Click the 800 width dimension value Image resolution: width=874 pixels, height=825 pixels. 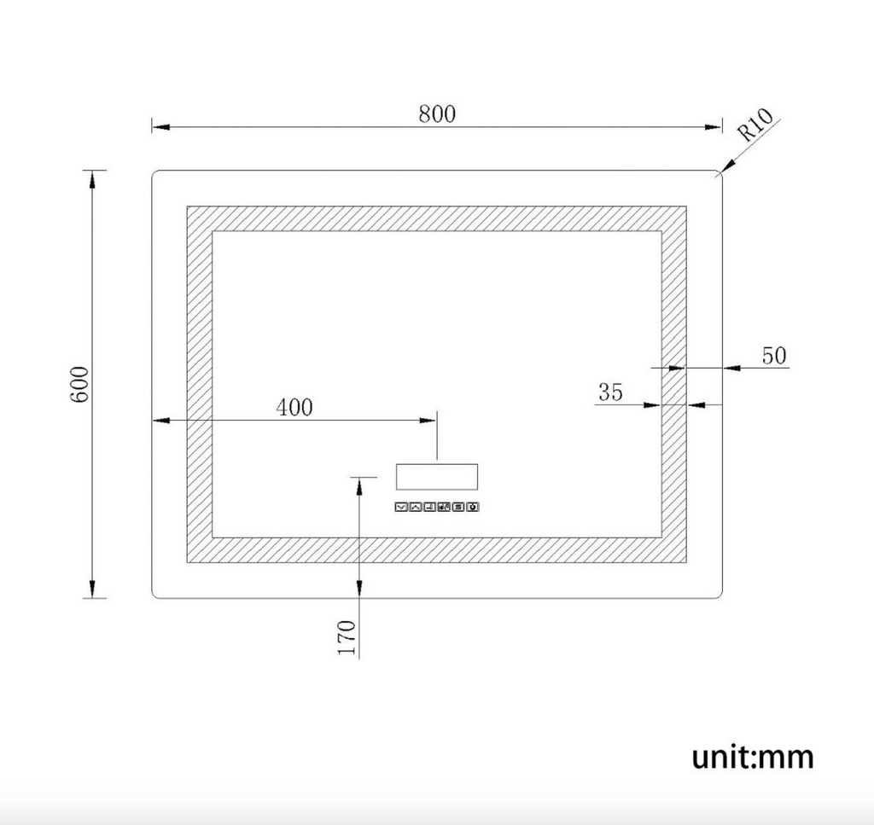point(437,114)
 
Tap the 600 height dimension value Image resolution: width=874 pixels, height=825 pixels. point(79,385)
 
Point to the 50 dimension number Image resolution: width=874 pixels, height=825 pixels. point(774,356)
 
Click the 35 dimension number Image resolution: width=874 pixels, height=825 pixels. point(610,392)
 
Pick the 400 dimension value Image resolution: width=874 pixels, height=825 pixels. point(294,408)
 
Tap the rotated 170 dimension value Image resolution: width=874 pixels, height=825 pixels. point(347,637)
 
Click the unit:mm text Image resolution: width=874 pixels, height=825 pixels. point(753,756)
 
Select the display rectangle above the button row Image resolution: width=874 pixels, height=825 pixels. point(437,477)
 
